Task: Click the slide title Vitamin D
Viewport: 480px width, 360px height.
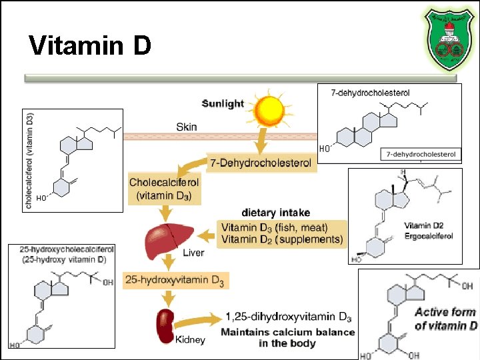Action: tap(91, 47)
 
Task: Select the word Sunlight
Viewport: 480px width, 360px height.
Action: tap(223, 104)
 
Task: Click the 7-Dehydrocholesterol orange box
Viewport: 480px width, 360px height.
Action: tap(261, 163)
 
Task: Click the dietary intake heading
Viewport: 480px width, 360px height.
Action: tap(275, 213)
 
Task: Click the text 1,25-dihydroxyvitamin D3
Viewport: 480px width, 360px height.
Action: tap(288, 317)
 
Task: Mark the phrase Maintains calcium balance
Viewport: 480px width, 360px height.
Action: tap(288, 332)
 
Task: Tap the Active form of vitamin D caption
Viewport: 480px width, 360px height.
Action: tap(445, 319)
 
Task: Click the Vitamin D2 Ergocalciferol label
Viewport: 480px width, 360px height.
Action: tap(429, 231)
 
